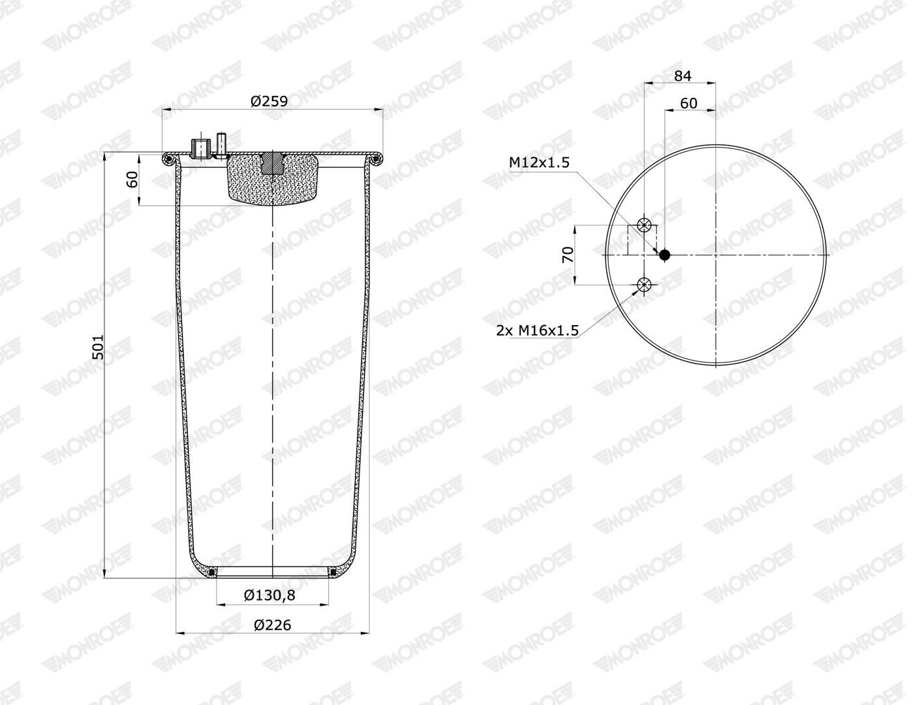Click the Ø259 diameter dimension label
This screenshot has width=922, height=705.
[269, 101]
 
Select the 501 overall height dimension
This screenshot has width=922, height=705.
[97, 347]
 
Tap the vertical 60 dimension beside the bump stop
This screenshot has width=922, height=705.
[132, 180]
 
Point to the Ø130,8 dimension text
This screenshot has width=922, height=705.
[269, 595]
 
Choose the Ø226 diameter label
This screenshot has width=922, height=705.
[272, 625]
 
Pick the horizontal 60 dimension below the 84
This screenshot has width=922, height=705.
[688, 103]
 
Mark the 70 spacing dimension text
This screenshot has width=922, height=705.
[568, 255]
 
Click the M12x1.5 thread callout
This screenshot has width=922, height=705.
[540, 162]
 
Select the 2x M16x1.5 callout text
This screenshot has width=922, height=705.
[537, 331]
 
